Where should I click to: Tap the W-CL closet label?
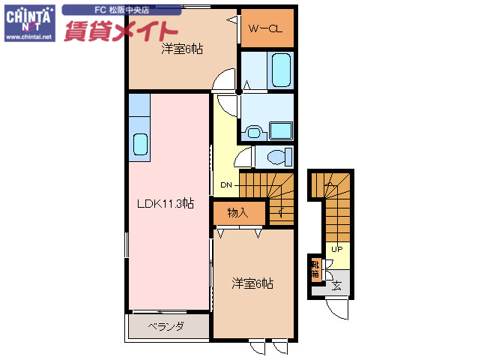click(264, 29)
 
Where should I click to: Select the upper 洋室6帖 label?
click(181, 49)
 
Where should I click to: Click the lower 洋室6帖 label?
click(252, 283)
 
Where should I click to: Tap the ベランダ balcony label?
click(166, 326)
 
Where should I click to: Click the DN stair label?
click(227, 184)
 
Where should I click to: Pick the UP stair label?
click(337, 249)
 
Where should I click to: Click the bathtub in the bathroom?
click(281, 70)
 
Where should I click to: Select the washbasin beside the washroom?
click(254, 133)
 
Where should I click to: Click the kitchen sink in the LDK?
click(139, 143)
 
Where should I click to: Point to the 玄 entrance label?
click(337, 285)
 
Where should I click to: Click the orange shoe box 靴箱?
click(316, 268)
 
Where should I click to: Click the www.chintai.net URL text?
click(28, 36)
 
